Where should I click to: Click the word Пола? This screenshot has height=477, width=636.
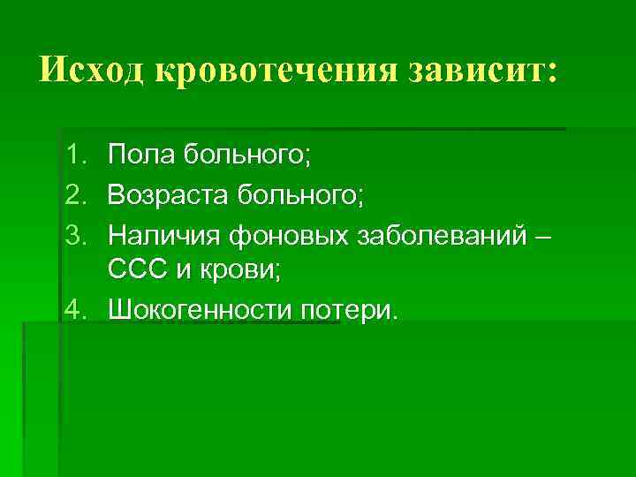pyautogui.click(x=141, y=157)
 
